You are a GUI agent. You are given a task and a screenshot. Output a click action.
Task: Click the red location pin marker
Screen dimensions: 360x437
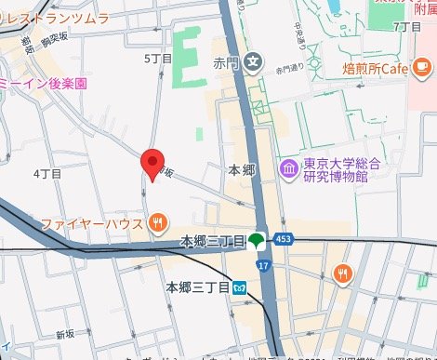(x=153, y=164)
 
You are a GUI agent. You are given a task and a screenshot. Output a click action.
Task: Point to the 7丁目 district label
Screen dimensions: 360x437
(x=407, y=27)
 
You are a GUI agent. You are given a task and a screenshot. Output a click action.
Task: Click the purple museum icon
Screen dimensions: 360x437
(x=288, y=170)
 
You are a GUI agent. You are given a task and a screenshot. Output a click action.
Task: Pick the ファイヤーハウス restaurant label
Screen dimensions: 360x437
(x=90, y=223)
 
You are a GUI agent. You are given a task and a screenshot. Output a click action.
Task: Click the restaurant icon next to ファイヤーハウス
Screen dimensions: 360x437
(x=158, y=223)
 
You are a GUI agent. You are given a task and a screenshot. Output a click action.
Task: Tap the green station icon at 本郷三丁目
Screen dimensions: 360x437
(x=258, y=241)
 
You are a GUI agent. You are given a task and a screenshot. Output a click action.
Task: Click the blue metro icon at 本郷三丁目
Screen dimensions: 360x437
(x=240, y=287)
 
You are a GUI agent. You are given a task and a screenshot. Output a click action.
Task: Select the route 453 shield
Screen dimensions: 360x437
(x=284, y=240)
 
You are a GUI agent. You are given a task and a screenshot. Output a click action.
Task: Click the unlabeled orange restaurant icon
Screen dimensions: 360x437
(x=343, y=273)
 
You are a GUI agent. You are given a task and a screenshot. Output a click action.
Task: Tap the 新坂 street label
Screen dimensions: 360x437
(x=64, y=333)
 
